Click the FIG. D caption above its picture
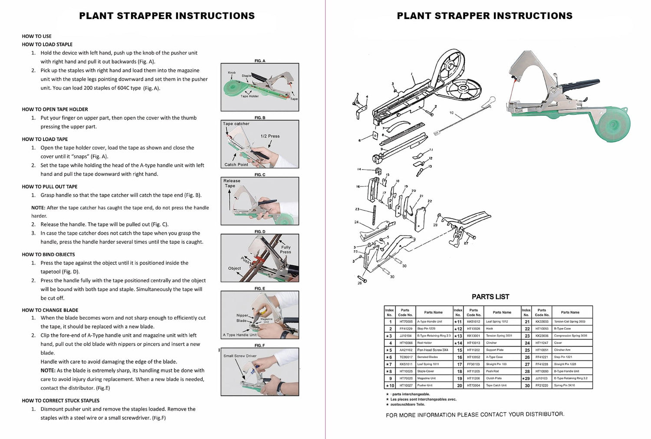pos(260,232)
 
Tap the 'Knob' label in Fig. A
pos(232,73)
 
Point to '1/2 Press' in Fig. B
pos(270,136)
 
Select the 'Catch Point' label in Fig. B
pos(236,165)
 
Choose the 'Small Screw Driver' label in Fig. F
pos(240,356)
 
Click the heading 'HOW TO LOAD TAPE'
pos(45,139)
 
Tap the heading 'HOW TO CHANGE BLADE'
pos(50,310)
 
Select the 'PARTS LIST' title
pos(490,297)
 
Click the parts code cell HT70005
pos(406,322)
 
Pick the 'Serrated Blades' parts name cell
pos(427,357)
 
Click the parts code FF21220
pos(542,385)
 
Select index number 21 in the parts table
pos(527,322)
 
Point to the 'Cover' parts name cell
pos(558,343)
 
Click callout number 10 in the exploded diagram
pos(451,113)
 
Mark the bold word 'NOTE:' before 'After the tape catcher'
pos(38,208)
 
